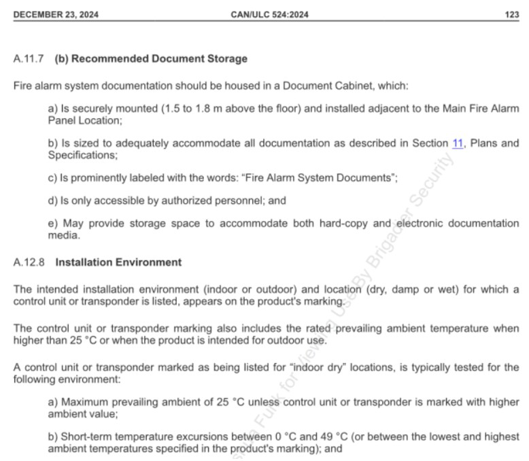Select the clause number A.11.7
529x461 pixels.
(29, 59)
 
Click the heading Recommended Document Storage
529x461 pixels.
(159, 59)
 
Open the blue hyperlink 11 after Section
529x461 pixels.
(458, 143)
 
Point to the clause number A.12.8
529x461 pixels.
(29, 262)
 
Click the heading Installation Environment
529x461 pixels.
(118, 262)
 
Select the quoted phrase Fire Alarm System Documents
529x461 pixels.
(318, 177)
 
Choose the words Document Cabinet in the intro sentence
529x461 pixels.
(321, 86)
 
